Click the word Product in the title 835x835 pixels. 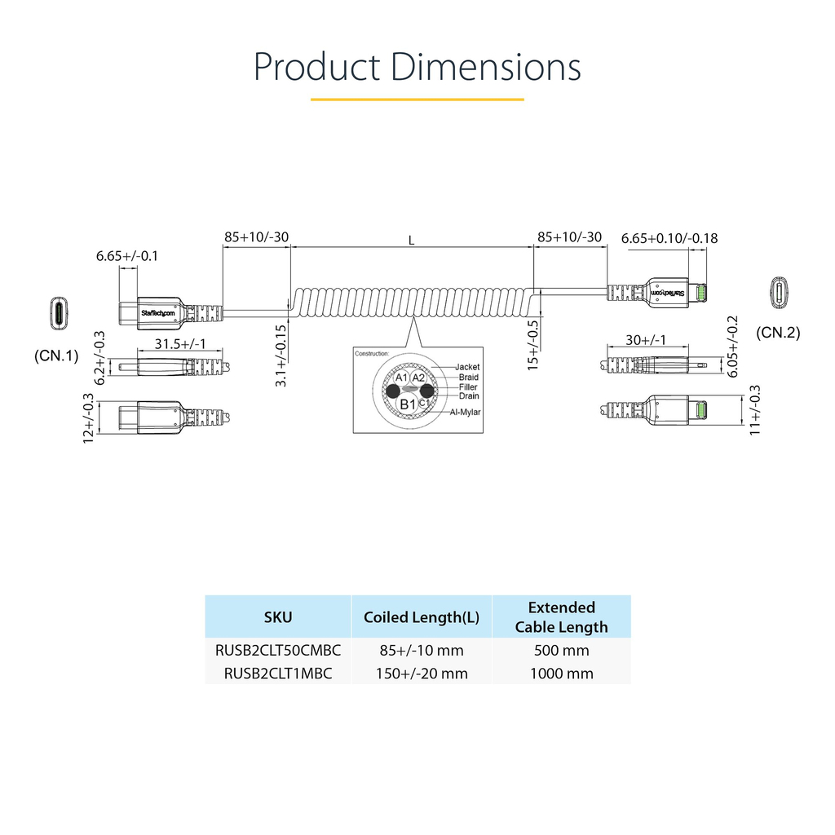click(x=316, y=67)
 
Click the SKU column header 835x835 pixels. click(x=277, y=617)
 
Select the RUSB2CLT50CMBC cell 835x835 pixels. click(x=277, y=651)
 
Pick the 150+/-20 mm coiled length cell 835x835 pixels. click(x=421, y=674)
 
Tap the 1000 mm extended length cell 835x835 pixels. click(x=561, y=674)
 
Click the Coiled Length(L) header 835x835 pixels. click(x=421, y=617)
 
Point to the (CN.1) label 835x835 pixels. click(x=56, y=356)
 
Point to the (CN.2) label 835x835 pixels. click(x=778, y=333)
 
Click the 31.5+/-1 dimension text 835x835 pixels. click(x=180, y=343)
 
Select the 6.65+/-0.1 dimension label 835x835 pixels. click(x=127, y=256)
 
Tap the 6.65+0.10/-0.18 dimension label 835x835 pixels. click(x=669, y=238)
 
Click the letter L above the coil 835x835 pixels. click(x=412, y=241)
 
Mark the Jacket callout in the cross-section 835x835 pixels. click(x=467, y=367)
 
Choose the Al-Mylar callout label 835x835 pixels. click(x=465, y=412)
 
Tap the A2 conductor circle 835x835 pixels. click(x=418, y=378)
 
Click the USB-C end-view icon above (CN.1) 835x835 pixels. click(x=60, y=313)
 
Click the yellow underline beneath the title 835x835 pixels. click(x=417, y=99)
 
